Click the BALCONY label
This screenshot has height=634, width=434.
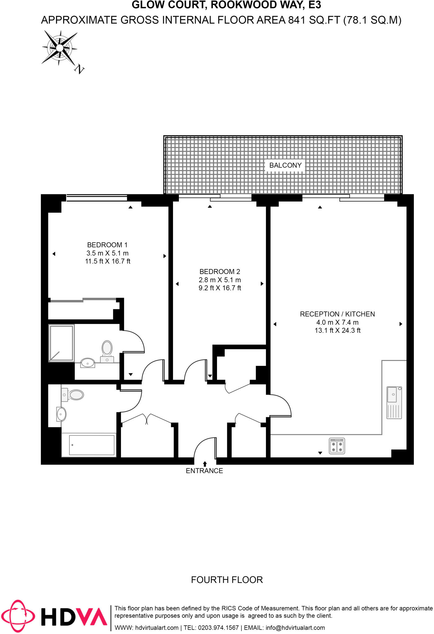[285, 165]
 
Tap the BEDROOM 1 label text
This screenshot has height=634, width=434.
[107, 245]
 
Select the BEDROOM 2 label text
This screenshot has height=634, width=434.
[220, 271]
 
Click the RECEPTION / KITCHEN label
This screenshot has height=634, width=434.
[337, 314]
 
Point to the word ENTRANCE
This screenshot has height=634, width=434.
[204, 471]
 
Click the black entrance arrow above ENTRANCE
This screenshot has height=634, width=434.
[205, 464]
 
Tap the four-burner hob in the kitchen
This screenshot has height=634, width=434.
[337, 446]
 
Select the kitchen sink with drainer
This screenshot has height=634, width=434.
[394, 402]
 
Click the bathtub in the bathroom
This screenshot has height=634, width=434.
[89, 445]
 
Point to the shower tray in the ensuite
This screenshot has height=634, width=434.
[61, 343]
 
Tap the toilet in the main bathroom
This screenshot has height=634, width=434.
[73, 395]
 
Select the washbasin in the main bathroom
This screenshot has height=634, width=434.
[61, 414]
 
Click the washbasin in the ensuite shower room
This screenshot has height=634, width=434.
[88, 363]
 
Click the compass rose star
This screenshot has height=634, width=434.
[60, 48]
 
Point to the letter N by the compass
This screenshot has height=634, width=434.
[80, 69]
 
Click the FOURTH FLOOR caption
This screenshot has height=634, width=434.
[227, 580]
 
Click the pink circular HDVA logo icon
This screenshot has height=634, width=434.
[18, 616]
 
